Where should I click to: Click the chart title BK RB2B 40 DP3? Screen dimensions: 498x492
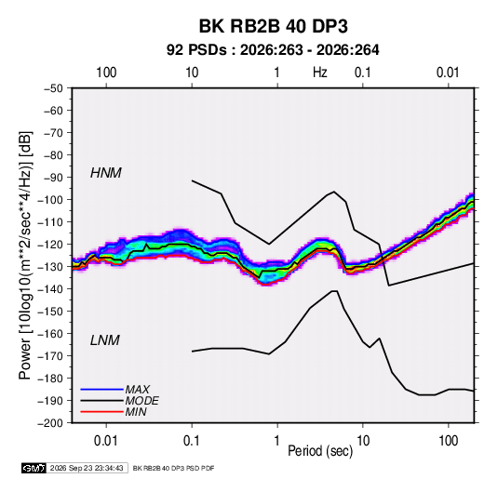click(273, 26)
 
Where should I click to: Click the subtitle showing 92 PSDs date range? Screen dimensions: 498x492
click(273, 50)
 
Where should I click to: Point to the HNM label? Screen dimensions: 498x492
click(106, 173)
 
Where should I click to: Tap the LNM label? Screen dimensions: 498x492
click(105, 340)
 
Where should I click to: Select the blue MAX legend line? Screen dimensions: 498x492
click(102, 389)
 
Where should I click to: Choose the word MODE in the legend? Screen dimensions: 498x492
click(142, 401)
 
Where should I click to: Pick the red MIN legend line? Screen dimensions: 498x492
click(102, 412)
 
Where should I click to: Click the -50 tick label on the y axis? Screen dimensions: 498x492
click(53, 88)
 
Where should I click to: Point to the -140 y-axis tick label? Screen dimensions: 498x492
click(50, 289)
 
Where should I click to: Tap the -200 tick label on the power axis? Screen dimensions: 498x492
click(50, 423)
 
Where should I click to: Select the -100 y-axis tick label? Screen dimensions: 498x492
click(50, 200)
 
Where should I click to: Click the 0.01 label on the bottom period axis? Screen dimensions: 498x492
click(106, 441)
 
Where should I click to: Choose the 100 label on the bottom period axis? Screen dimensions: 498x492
click(448, 441)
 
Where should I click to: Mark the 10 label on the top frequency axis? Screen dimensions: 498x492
click(192, 73)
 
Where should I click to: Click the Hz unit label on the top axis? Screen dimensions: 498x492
click(320, 73)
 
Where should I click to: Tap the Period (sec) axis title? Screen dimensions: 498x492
click(320, 451)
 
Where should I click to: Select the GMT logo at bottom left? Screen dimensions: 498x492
click(34, 468)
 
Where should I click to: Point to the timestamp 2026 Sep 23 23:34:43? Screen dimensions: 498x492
click(87, 468)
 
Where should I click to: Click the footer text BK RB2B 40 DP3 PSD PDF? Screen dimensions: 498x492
click(173, 468)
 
